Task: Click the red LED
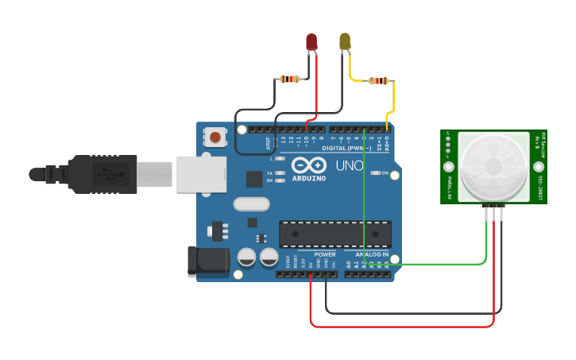[311, 41]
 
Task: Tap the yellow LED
[345, 41]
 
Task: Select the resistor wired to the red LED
[290, 79]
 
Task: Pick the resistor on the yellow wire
[379, 80]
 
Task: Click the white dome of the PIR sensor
[493, 166]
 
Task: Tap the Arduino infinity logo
[308, 166]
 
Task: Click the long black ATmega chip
[334, 234]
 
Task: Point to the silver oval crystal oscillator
[251, 204]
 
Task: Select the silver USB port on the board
[201, 174]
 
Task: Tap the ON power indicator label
[385, 173]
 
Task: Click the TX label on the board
[269, 172]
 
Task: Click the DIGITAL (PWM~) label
[346, 148]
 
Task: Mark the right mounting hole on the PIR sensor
[539, 167]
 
